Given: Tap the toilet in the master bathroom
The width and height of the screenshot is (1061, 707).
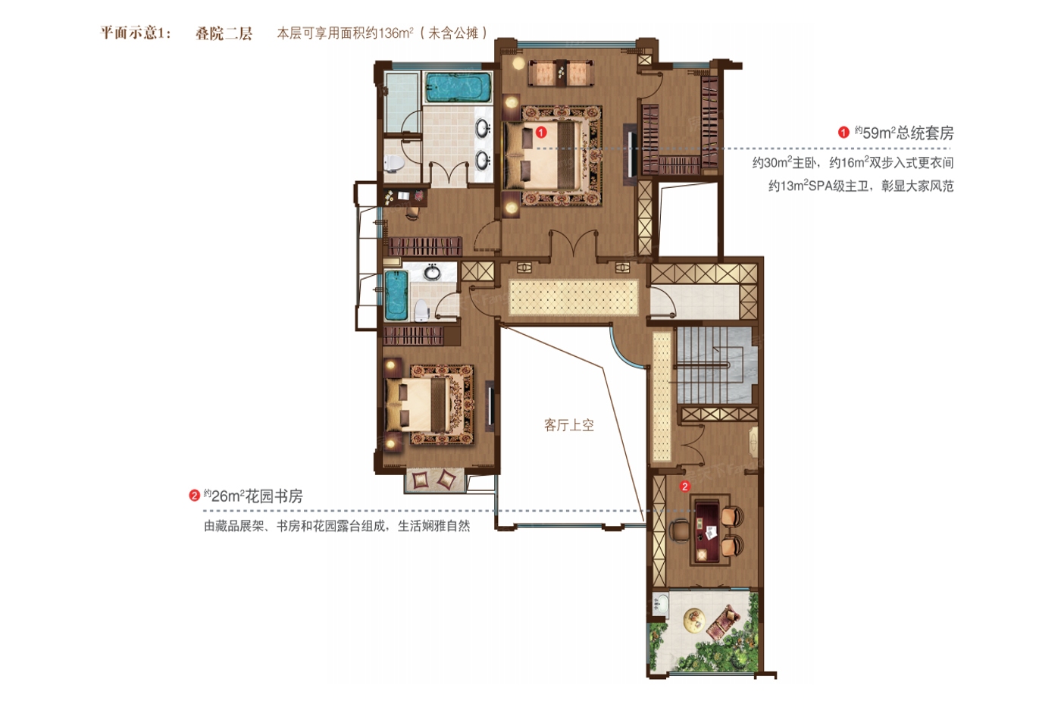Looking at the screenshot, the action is point(393,163).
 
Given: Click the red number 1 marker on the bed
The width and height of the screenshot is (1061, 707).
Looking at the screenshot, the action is point(541,132).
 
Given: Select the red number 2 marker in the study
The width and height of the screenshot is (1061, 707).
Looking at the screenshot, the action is point(684,486).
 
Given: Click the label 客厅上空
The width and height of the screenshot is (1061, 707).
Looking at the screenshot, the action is point(569,425).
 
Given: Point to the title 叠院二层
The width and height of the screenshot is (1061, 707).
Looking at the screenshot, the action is point(224,33).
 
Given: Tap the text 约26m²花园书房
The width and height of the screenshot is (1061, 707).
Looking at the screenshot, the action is point(253,496).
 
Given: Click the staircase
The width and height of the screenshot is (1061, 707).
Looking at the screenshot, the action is point(714,365).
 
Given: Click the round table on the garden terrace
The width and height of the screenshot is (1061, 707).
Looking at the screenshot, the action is point(694,619).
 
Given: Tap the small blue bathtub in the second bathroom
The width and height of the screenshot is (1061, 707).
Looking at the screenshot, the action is point(396,295).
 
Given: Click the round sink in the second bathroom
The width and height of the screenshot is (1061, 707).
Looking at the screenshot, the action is point(432,273).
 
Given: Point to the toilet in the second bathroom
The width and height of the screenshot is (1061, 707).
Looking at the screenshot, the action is point(421,310).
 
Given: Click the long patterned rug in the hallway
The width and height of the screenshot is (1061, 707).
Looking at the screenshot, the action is point(574,297).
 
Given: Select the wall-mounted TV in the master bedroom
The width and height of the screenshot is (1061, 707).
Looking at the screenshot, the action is point(631,154).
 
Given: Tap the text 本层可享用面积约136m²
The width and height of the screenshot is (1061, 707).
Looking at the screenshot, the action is point(346,33).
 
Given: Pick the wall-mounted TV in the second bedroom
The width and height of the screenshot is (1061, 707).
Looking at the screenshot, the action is point(491,406).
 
